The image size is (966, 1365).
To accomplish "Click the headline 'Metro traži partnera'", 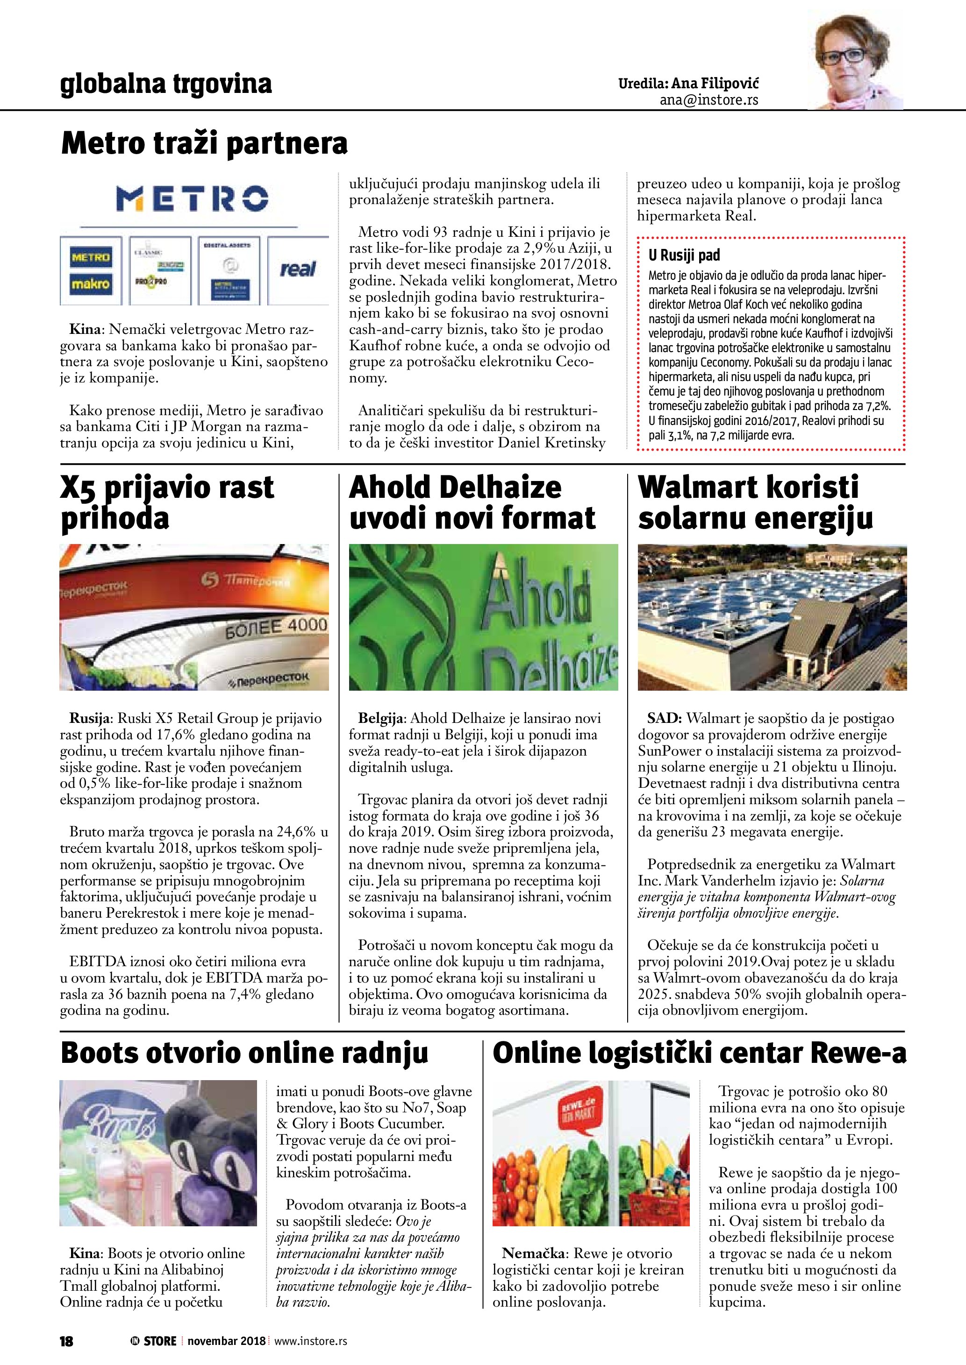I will tap(204, 143).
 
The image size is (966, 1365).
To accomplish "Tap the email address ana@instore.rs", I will tap(708, 100).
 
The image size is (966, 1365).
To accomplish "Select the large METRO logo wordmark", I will tap(192, 198).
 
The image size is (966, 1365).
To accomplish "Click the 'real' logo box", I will tap(298, 269).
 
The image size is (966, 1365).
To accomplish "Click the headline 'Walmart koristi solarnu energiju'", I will tap(755, 502).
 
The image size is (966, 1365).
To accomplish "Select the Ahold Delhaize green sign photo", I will tap(483, 616).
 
